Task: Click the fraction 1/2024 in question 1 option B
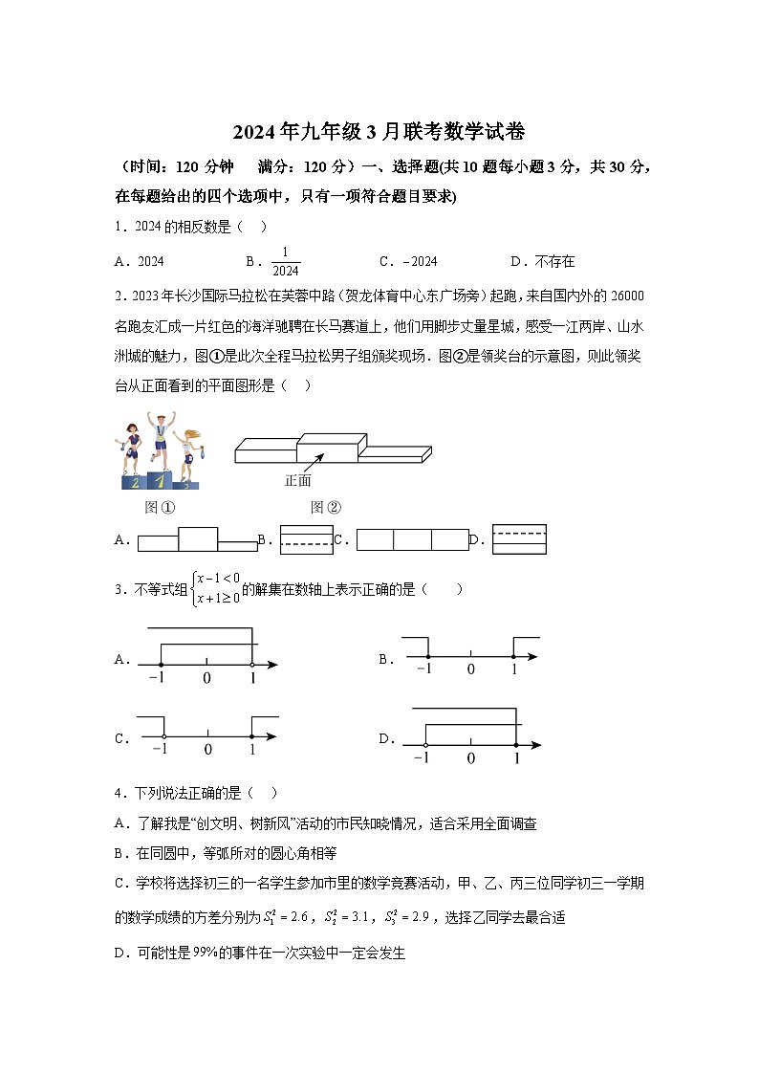(285, 262)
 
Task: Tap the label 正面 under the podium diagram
(298, 481)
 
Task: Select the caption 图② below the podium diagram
(326, 508)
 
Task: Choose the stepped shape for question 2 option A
(198, 539)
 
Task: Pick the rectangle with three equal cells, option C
(413, 540)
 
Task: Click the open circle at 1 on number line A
(252, 663)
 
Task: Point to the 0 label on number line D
(470, 758)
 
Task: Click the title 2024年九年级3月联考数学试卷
(379, 131)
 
